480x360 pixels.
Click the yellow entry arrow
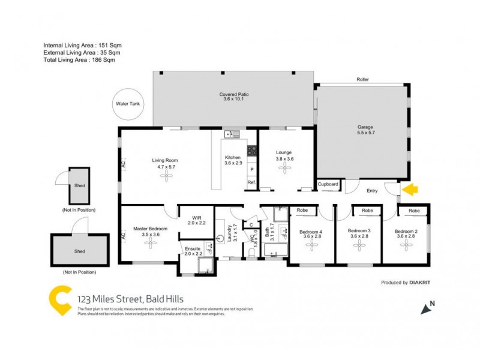[x=410, y=191]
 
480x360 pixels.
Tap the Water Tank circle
[x=127, y=104]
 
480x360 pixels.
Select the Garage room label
[x=365, y=128]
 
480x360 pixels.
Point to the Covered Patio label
[x=233, y=95]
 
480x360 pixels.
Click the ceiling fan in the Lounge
[x=284, y=168]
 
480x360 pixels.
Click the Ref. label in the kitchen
[x=251, y=182]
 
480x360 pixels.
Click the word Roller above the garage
[x=362, y=79]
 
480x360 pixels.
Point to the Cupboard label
[x=328, y=184]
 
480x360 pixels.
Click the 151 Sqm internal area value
[x=118, y=46]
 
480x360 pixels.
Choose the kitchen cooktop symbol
[x=253, y=152]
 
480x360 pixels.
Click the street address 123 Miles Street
[x=109, y=299]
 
